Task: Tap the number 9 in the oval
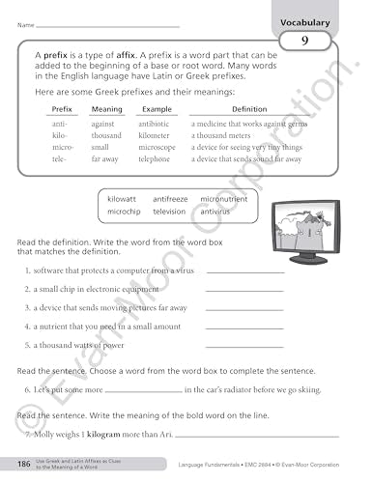pos(304,41)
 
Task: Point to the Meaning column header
pos(106,110)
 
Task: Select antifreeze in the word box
pos(170,198)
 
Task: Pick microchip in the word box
pos(124,211)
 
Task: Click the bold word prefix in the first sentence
pos(53,58)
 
